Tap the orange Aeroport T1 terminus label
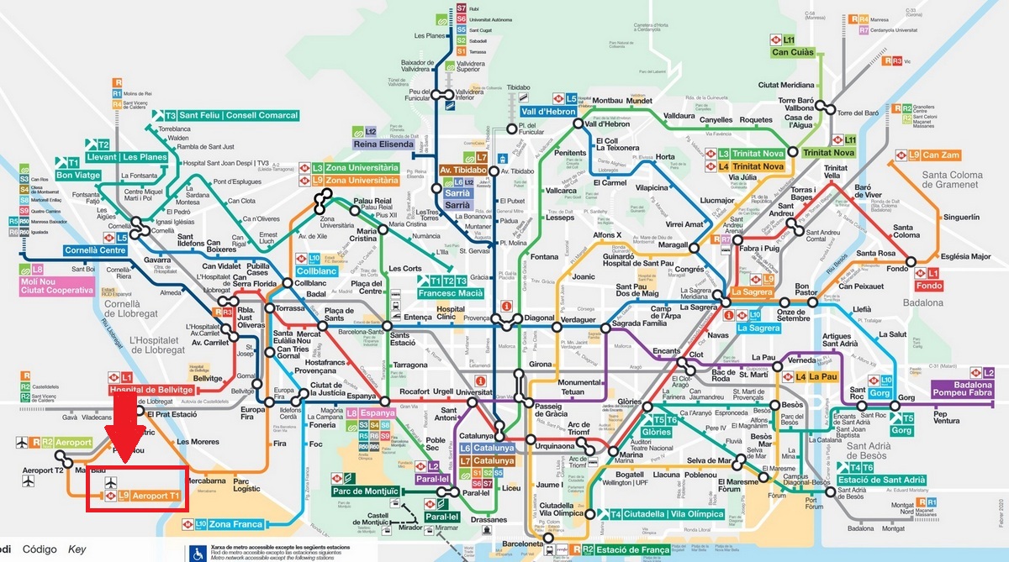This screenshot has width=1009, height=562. pyautogui.click(x=156, y=496)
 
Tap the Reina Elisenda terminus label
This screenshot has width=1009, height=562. pyautogui.click(x=384, y=144)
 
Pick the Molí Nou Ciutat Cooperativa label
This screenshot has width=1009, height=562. pyautogui.click(x=55, y=285)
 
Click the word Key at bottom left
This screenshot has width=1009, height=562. pyautogui.click(x=77, y=549)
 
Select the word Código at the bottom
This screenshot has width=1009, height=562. pyautogui.click(x=40, y=549)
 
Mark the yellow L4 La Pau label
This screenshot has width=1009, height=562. pyautogui.click(x=822, y=377)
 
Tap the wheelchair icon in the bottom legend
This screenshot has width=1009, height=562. pyautogui.click(x=199, y=553)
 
